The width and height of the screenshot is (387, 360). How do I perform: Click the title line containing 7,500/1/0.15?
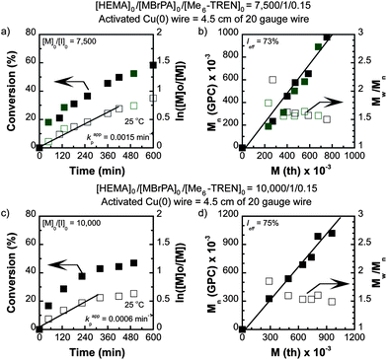pos(193,7)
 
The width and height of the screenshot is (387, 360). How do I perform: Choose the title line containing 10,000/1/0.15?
pos(193,189)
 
